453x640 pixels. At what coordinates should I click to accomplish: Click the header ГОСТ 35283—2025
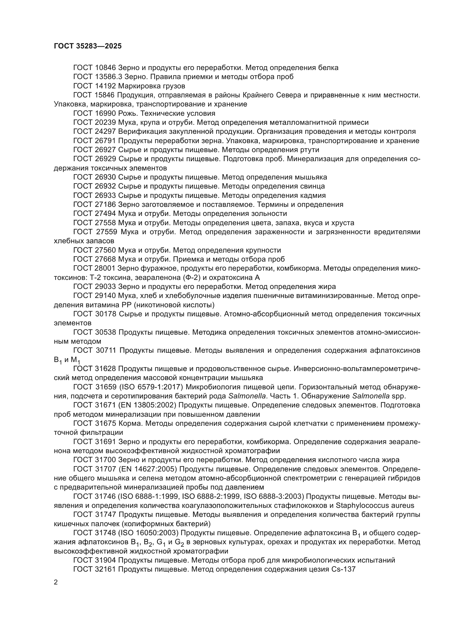[x=88, y=46]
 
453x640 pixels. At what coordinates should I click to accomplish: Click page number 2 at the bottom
[x=56, y=582]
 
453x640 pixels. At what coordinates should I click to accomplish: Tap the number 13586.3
[x=108, y=77]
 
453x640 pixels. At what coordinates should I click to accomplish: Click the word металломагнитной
[x=304, y=122]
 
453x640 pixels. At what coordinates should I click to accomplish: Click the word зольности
[x=269, y=213]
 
